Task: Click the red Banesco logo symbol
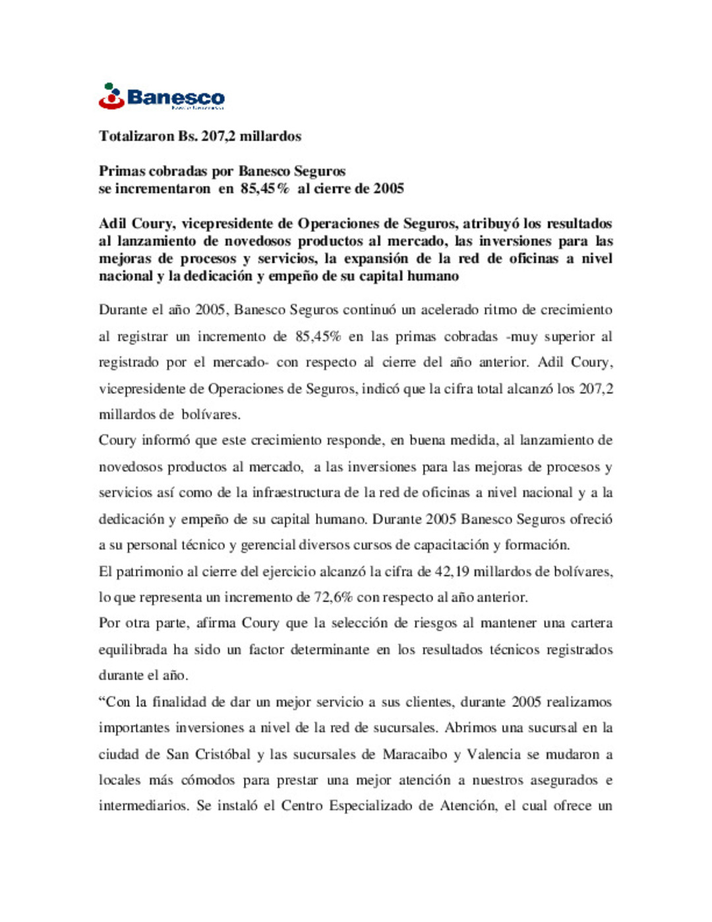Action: pyautogui.click(x=111, y=96)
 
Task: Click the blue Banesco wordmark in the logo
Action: pyautogui.click(x=175, y=98)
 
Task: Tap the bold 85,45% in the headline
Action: pyautogui.click(x=264, y=189)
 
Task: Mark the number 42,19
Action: pyautogui.click(x=452, y=572)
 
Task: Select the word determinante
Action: pyautogui.click(x=318, y=650)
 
